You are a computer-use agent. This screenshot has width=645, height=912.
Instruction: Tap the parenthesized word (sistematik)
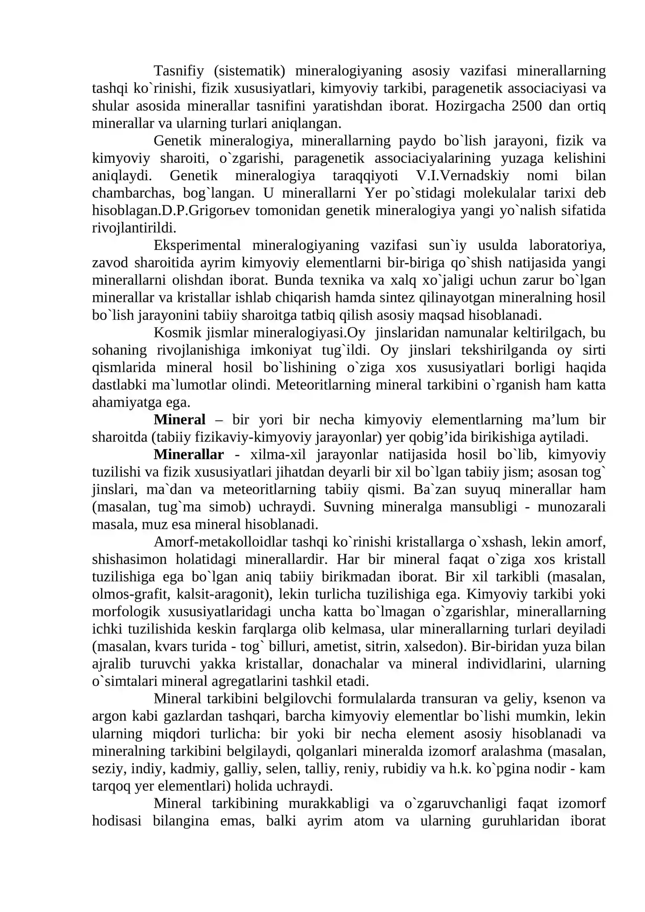click(x=250, y=71)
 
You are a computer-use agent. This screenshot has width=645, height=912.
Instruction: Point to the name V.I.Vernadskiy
click(x=462, y=175)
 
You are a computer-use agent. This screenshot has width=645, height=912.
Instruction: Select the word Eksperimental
click(x=197, y=245)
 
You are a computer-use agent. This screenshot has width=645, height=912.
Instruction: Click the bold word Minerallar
click(x=188, y=454)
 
